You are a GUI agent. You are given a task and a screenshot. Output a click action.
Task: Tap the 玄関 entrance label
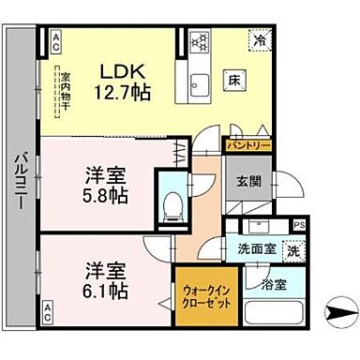pos(242,181)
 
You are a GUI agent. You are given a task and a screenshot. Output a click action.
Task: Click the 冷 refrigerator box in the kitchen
pos(261,41)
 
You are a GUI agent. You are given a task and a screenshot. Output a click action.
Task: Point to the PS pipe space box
pos(299,225)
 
